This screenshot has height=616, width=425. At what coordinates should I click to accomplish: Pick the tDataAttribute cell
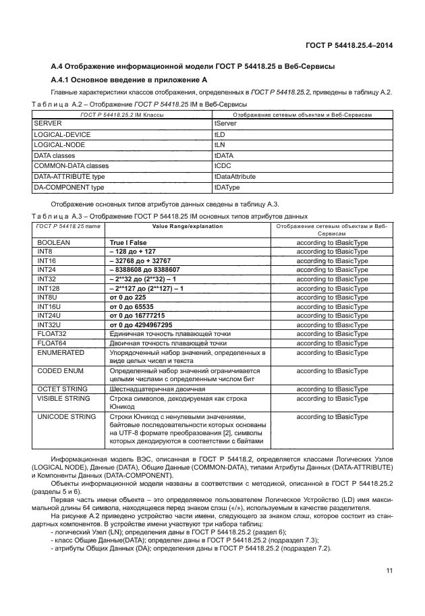[235, 175]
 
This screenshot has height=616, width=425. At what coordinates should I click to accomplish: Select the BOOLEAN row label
[54, 241]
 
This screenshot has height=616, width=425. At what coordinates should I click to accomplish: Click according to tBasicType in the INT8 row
[332, 250]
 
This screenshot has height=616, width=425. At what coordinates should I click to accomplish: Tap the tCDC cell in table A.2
[222, 165]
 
